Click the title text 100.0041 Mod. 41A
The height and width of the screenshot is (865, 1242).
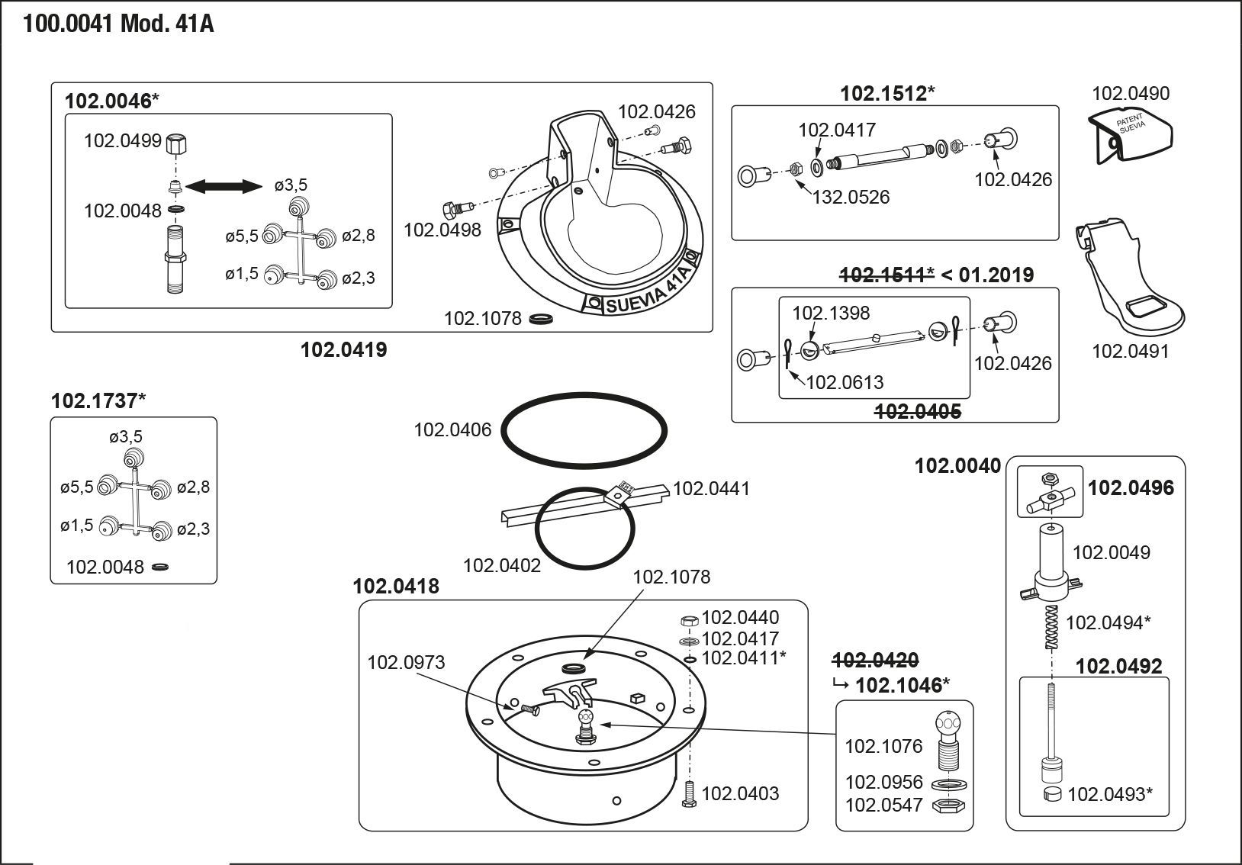click(x=118, y=24)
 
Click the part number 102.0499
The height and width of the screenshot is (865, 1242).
click(x=122, y=140)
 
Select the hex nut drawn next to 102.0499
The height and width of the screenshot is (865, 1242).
click(x=177, y=143)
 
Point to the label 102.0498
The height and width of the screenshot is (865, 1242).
click(x=442, y=230)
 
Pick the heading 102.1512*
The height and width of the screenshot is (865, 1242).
click(x=887, y=94)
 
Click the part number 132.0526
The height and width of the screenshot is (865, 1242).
click(x=851, y=197)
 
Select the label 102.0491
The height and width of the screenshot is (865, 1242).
click(x=1130, y=352)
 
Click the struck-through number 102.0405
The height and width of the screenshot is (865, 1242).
click(x=917, y=412)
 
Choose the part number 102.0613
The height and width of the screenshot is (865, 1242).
click(x=845, y=382)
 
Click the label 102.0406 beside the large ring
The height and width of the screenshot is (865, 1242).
click(x=452, y=430)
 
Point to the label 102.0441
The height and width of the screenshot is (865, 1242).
click(x=711, y=488)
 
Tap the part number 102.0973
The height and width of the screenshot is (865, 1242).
click(x=406, y=662)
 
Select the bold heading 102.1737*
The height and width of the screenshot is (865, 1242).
click(x=98, y=400)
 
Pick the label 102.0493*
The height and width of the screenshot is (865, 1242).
click(x=1109, y=795)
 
